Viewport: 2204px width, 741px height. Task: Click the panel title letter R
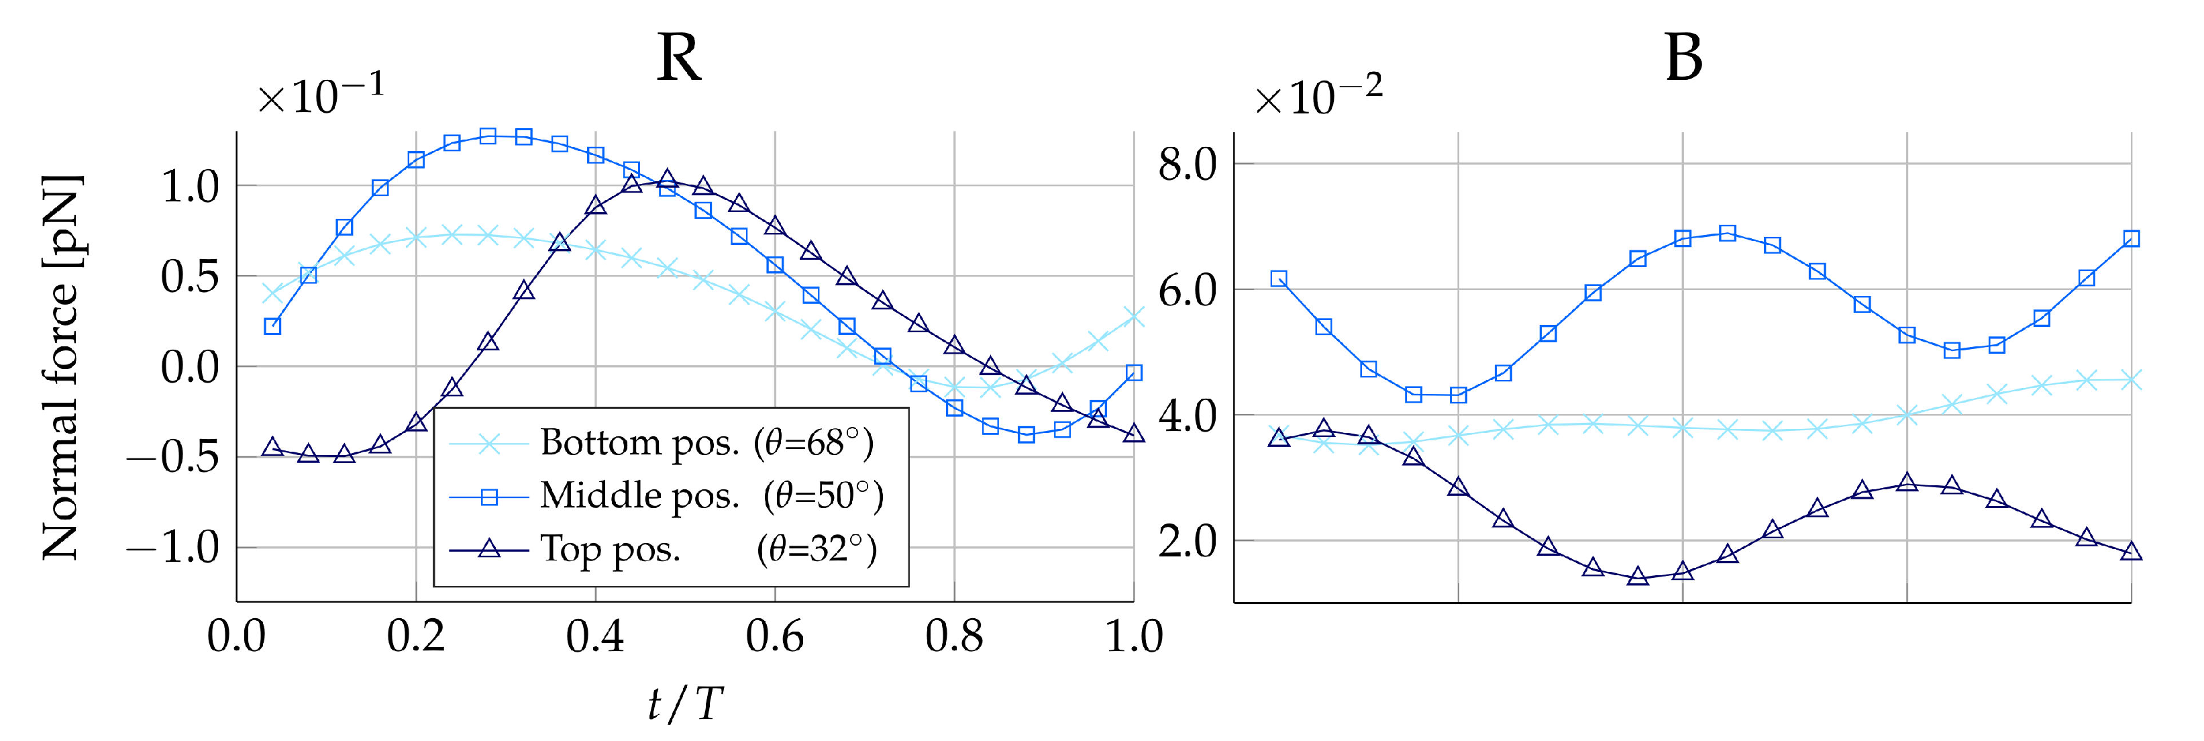pyautogui.click(x=678, y=58)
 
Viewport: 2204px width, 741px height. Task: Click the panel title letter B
pyautogui.click(x=1683, y=58)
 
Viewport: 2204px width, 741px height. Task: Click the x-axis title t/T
pyautogui.click(x=684, y=703)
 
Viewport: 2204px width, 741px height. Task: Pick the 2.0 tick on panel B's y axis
pyautogui.click(x=1187, y=542)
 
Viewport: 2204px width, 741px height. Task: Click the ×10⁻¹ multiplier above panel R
pyautogui.click(x=321, y=94)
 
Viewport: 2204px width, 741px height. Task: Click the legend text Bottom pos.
pyautogui.click(x=639, y=442)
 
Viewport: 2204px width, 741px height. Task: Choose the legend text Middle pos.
pyautogui.click(x=639, y=495)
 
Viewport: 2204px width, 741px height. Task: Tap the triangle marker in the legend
pyautogui.click(x=488, y=548)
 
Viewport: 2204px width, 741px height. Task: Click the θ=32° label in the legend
pyautogui.click(x=817, y=548)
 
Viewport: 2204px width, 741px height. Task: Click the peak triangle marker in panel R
pyautogui.click(x=668, y=178)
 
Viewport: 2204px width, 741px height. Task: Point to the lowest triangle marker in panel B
pyautogui.click(x=1638, y=577)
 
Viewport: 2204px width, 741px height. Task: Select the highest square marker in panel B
pyautogui.click(x=1728, y=233)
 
